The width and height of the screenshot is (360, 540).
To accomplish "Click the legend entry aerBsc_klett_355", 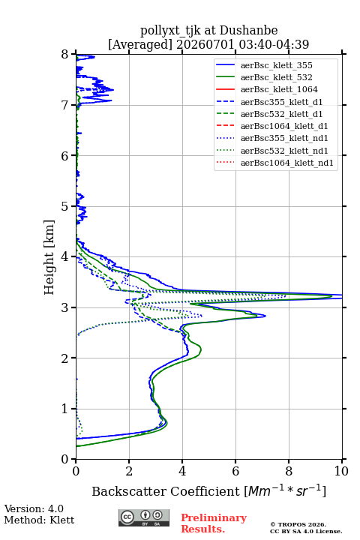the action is (x=276, y=65).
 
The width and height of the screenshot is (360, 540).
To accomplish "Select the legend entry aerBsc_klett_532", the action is (x=276, y=77).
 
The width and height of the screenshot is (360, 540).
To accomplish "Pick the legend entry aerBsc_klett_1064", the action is (x=279, y=89).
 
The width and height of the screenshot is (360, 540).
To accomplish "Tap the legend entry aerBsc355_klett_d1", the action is (x=281, y=102).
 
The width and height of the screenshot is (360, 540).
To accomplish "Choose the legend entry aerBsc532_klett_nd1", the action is (x=284, y=151).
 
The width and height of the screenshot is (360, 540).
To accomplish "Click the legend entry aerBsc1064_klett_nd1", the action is (x=287, y=163).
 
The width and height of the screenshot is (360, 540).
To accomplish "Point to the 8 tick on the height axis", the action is (x=73, y=54).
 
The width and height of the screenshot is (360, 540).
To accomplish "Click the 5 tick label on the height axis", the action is (x=64, y=206).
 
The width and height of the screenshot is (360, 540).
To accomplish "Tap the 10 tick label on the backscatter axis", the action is (x=341, y=471).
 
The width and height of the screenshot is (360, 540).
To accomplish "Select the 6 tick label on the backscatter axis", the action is (x=235, y=471).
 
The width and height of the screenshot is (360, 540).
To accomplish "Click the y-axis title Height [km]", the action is (x=49, y=257).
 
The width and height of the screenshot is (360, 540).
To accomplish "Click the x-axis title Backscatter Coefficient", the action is (x=166, y=491).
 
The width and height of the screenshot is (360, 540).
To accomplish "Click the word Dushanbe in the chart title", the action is (x=248, y=31).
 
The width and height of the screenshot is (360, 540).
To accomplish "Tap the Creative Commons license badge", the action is (x=144, y=518).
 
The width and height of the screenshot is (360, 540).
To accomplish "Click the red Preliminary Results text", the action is (x=214, y=523).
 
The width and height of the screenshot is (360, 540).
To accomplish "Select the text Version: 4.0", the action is (x=34, y=508).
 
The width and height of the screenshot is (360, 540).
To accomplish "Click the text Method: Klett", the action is (x=39, y=520).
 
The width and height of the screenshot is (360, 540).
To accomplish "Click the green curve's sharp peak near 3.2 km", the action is (x=331, y=296).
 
